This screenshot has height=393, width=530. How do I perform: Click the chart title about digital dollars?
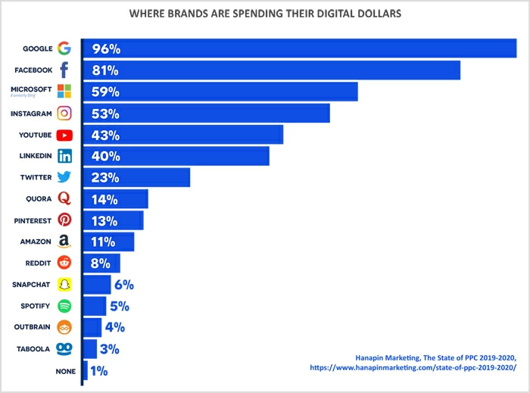(x=265, y=14)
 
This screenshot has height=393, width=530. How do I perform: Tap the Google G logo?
(x=64, y=48)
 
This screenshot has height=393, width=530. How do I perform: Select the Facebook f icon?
(x=64, y=70)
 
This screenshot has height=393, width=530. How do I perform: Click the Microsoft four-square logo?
(x=64, y=92)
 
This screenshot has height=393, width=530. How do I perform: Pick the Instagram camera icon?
(x=64, y=114)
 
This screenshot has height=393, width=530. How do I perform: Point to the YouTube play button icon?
(x=64, y=135)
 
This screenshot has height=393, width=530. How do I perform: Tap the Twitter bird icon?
(x=64, y=177)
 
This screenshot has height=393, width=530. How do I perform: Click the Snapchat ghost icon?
(x=64, y=285)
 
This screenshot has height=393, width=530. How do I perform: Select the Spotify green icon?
(x=64, y=306)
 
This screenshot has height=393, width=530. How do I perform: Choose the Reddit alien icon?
(x=64, y=263)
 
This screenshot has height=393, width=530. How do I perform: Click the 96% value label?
(x=106, y=49)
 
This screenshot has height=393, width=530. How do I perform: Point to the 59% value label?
(x=106, y=92)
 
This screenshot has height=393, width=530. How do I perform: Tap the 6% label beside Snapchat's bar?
(x=124, y=285)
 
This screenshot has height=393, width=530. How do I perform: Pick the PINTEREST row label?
(x=33, y=220)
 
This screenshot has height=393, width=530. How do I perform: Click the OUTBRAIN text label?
(x=32, y=327)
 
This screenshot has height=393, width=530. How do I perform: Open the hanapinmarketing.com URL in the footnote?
(x=413, y=367)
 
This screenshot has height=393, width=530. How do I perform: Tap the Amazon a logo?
(x=64, y=242)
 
